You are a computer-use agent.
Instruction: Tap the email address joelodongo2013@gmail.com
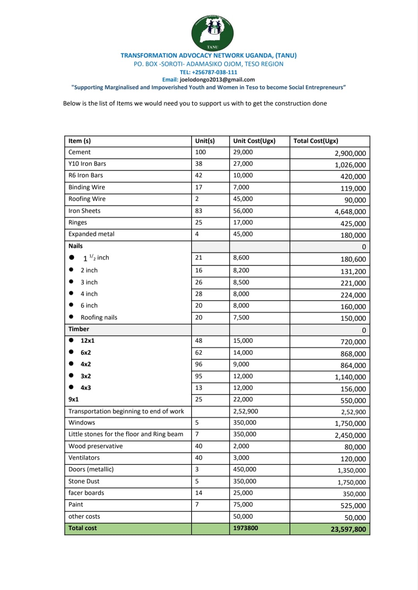coord(217,80)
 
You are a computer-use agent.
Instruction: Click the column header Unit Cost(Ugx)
coord(254,141)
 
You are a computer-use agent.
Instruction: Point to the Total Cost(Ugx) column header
coord(315,141)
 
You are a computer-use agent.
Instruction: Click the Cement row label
coord(79,152)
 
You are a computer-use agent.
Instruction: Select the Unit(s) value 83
coord(199,211)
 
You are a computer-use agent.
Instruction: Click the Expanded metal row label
coord(91,234)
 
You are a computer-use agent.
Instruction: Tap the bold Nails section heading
coord(75,246)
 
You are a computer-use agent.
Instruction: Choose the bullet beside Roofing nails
coord(71,317)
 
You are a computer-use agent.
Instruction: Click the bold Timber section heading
coord(79,329)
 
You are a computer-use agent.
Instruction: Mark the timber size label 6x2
coord(86,353)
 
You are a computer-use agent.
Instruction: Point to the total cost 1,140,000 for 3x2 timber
coord(350,377)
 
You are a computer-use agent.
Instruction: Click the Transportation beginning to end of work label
coord(126,411)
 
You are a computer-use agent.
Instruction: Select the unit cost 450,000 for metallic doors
coord(245,469)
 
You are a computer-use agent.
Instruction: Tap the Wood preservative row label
coord(96,446)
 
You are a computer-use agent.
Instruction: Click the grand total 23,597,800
coord(348,529)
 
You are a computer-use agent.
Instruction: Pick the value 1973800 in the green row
coord(245,528)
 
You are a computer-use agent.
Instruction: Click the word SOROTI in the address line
coord(172,64)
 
